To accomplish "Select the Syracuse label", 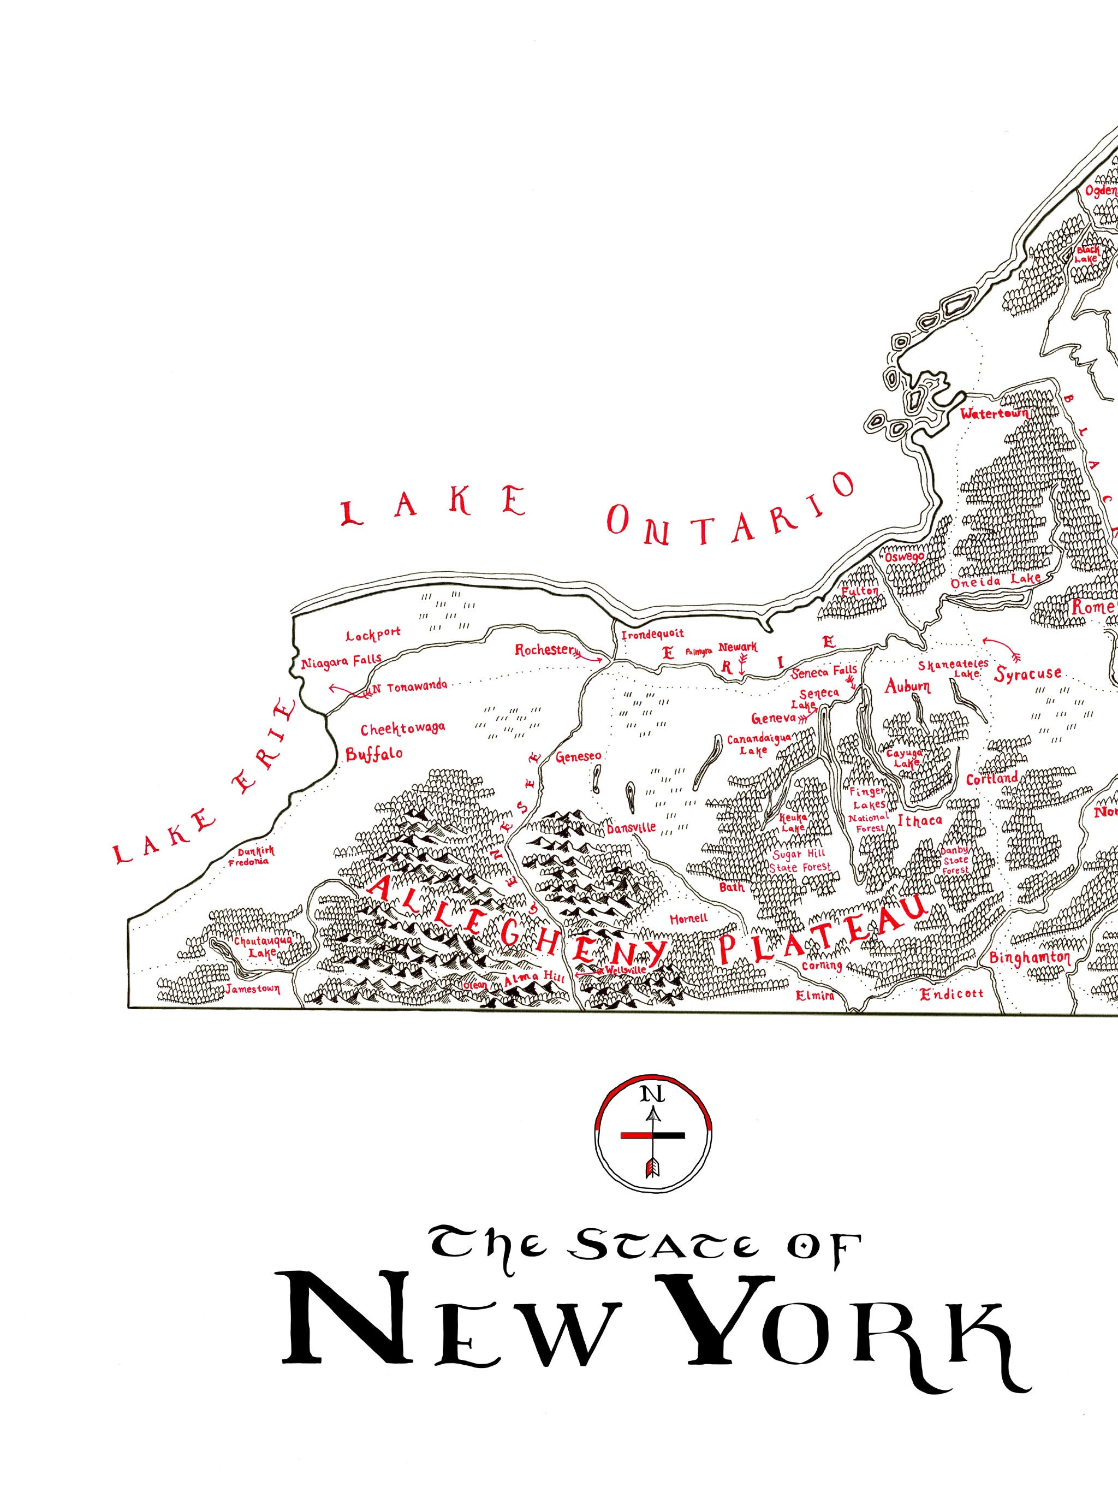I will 1028,673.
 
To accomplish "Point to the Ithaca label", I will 918,820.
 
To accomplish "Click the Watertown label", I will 994,413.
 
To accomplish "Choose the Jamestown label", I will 253,987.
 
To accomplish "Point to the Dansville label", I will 631,828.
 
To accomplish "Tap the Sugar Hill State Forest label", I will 801,861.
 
